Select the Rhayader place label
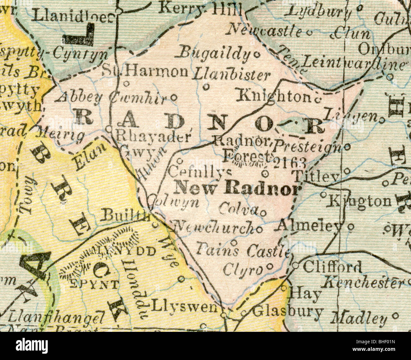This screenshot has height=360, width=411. (x=154, y=137)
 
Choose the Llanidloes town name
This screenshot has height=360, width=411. (x=73, y=16)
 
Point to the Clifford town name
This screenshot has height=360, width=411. (x=332, y=267)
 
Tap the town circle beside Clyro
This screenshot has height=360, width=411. (x=270, y=266)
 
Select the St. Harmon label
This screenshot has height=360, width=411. (x=145, y=72)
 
